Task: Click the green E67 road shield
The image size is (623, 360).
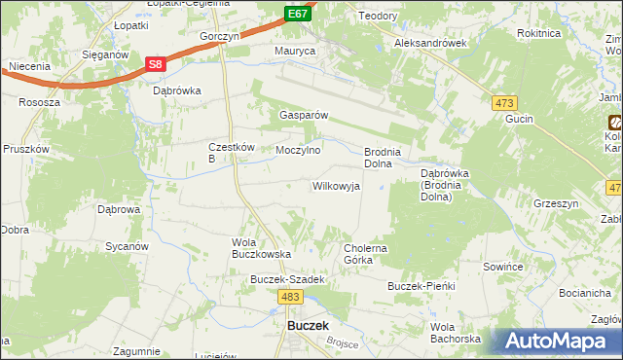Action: pyautogui.click(x=298, y=14)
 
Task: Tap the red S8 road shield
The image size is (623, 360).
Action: pyautogui.click(x=155, y=64)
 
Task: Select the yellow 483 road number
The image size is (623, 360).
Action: pyautogui.click(x=289, y=296)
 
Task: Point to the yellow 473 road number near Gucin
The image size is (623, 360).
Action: pyautogui.click(x=504, y=102)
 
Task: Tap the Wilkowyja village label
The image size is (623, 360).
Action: pyautogui.click(x=336, y=186)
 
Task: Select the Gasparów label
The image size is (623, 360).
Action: pyautogui.click(x=303, y=114)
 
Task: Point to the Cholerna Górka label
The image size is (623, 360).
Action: pyautogui.click(x=366, y=254)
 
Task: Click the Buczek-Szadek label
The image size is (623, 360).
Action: pyautogui.click(x=286, y=279)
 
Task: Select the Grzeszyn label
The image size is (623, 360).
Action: pyautogui.click(x=556, y=204)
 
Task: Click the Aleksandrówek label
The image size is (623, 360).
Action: pyautogui.click(x=431, y=44)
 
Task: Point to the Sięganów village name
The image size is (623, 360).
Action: pyautogui.click(x=105, y=55)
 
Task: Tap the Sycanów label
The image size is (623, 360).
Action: pyautogui.click(x=126, y=246)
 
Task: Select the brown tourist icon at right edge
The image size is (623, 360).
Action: pyautogui.click(x=615, y=123)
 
